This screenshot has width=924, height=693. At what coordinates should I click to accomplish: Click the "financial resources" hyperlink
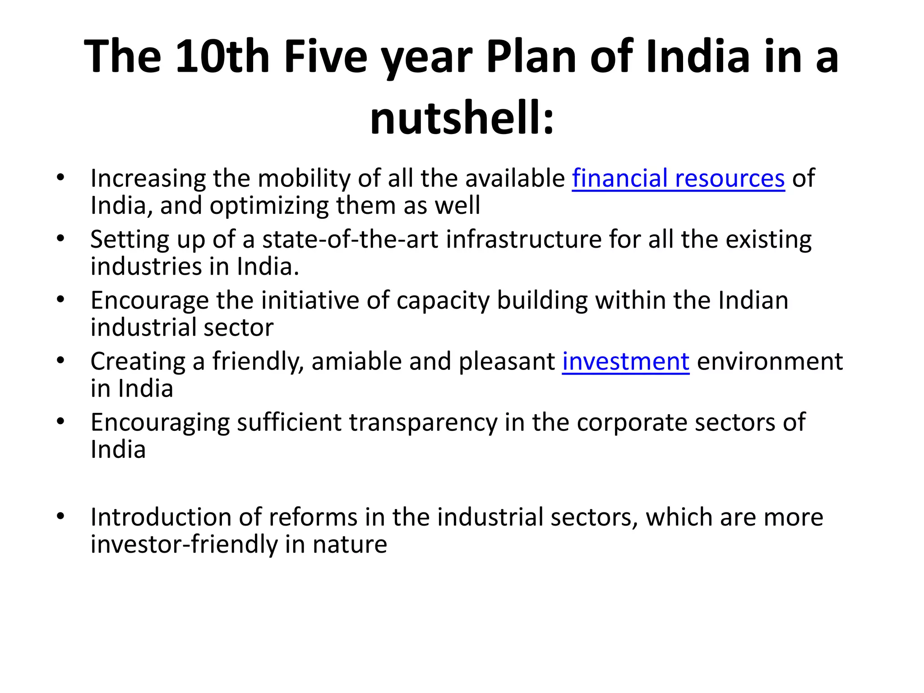[x=678, y=178]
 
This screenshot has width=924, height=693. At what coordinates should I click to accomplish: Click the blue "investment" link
[x=625, y=361]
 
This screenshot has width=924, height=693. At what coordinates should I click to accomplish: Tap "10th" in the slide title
[x=222, y=56]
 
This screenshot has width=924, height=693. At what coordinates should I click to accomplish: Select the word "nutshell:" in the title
[x=462, y=118]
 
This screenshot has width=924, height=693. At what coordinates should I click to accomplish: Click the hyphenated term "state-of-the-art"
[x=350, y=239]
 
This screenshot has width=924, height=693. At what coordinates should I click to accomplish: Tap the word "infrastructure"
[x=524, y=239]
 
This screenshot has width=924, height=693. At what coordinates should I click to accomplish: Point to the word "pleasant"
[x=507, y=361]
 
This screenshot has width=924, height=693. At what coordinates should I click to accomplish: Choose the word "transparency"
[x=423, y=423]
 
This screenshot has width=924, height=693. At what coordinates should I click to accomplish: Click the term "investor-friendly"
[x=184, y=545]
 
